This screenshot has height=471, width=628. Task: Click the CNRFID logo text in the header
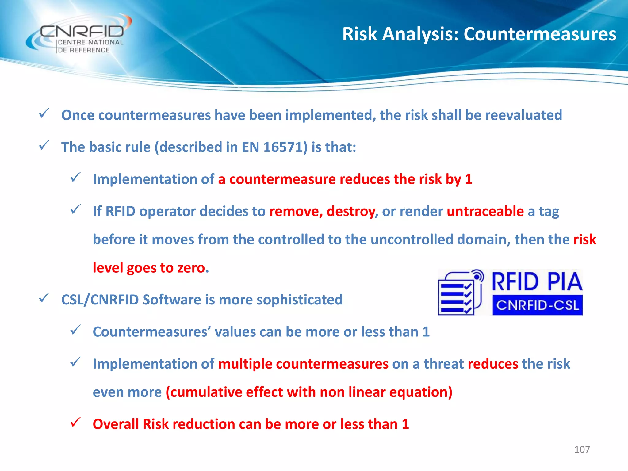point(82,32)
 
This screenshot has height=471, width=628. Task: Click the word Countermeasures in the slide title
point(540,34)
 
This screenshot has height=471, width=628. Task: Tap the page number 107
point(582,450)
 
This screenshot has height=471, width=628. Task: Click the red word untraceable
point(485,211)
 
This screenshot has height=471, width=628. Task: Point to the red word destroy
point(351,211)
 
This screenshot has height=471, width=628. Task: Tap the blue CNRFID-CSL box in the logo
point(537,305)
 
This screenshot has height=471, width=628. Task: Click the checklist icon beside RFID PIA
point(460,293)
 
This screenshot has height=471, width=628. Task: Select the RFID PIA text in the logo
point(537,281)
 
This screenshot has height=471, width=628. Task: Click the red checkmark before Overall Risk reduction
point(75,422)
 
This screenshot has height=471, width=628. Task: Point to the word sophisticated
point(299,300)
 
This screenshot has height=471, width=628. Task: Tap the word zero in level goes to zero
point(191,268)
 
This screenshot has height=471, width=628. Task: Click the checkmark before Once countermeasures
point(44,113)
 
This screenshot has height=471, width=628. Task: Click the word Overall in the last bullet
point(116,424)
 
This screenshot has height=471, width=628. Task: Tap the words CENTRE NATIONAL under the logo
point(90,43)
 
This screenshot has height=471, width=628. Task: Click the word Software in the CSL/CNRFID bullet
point(172,300)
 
